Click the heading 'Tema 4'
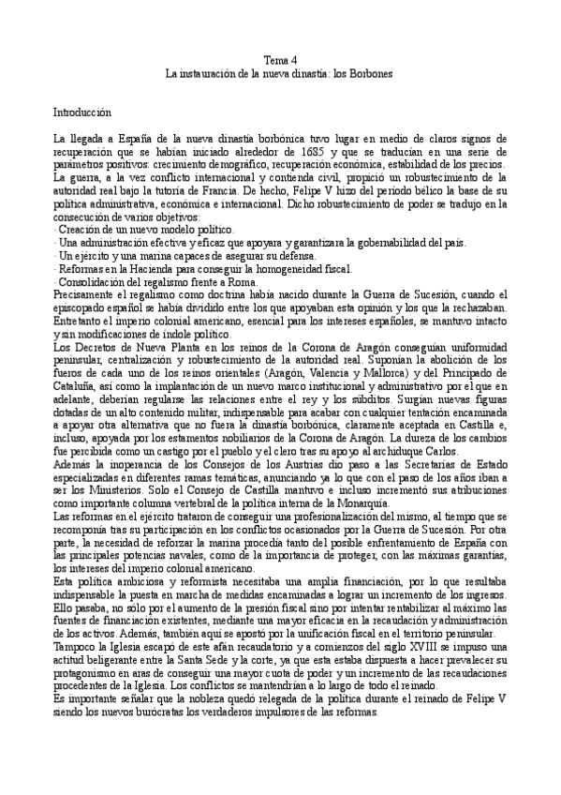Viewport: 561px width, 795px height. (x=280, y=59)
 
